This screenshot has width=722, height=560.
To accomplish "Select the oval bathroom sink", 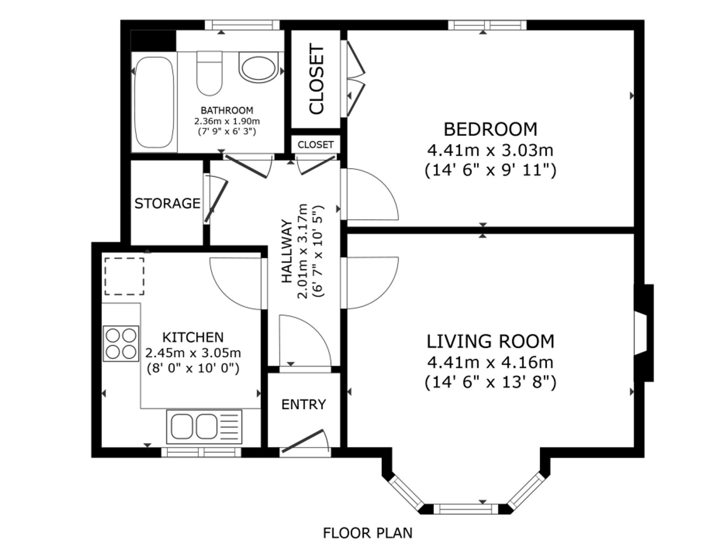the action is [258, 67].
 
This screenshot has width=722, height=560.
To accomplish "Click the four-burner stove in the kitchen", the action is [121, 344].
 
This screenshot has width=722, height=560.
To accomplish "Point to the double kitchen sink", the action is [204, 427].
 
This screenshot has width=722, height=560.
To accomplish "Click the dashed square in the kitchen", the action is [125, 276].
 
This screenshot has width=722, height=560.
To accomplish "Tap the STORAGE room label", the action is [168, 203].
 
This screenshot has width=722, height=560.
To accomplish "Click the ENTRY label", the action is [304, 405].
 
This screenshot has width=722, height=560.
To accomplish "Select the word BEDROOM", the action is [490, 129].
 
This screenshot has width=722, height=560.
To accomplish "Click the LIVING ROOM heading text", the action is [490, 341].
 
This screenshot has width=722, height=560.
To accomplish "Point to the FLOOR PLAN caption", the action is [367, 533].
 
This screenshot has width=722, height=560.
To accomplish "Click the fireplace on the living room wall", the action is [644, 333].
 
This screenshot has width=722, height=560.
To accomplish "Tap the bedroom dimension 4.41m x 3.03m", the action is [490, 150].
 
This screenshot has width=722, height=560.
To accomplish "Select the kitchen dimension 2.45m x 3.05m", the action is [193, 353].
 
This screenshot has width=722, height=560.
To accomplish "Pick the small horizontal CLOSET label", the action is [316, 145].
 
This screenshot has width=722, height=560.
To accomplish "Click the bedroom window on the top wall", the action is [487, 25].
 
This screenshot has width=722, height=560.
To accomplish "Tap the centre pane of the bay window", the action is [466, 509].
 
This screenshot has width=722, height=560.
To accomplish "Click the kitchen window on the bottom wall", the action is [201, 452].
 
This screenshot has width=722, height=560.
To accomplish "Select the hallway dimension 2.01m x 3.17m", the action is [303, 251].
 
